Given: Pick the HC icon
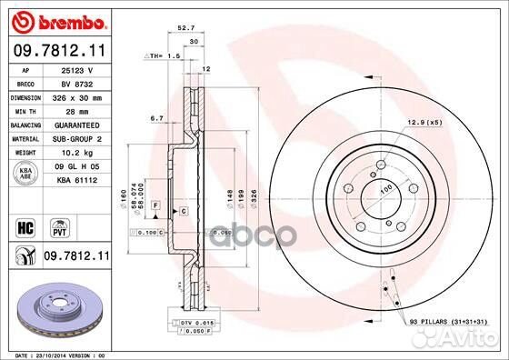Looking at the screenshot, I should tap(25, 224).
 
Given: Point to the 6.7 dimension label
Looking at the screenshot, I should tap(155, 118).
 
